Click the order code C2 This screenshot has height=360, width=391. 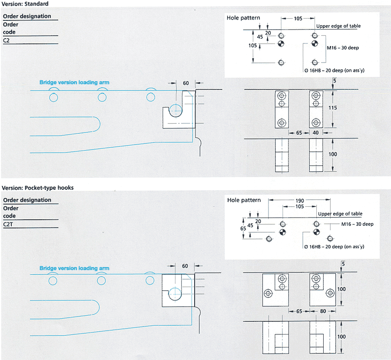coord(7,40)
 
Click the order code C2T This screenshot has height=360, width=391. coord(8,224)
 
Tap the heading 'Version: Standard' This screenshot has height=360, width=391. coord(25,4)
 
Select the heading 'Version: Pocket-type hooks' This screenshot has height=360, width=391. coord(38,188)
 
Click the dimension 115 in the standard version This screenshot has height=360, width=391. coord(332,107)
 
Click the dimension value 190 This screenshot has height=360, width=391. coord(299,201)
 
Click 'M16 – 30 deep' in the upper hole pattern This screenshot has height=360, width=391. coord(343,47)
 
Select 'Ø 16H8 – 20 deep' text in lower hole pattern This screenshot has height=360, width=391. coord(334,247)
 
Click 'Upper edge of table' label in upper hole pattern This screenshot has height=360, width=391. coord(338,26)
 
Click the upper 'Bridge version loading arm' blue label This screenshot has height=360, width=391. coord(74,82)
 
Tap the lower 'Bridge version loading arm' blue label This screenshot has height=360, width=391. coord(74,268)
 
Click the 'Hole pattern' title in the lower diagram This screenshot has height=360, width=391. coord(244,200)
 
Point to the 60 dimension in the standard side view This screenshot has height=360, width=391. coord(186,83)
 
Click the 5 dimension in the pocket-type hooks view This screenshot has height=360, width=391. coord(343,264)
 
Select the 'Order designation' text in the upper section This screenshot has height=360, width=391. coord(27,17)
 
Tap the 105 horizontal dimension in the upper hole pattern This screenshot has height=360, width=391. coord(298,19)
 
